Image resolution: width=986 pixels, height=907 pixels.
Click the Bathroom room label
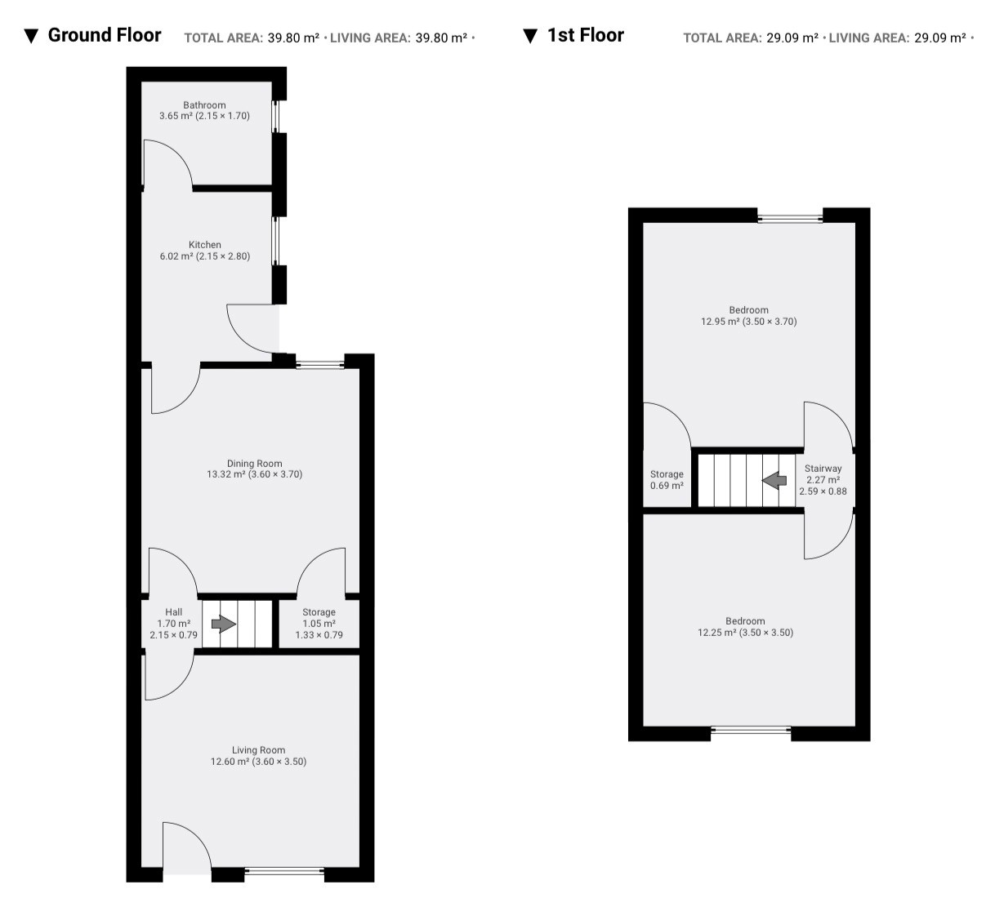pos(204,105)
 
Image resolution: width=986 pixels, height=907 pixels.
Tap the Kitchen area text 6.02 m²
pos(176,256)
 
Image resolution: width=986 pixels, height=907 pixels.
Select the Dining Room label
pos(255,464)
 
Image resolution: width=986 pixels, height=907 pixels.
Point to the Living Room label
pos(258,749)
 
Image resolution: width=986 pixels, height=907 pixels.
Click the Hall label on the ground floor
pos(173,611)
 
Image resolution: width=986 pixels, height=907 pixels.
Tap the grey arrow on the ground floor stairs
pos(224,624)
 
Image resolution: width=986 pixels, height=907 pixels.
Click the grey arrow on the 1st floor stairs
pos(774,480)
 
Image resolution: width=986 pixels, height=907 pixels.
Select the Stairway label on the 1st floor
pos(823,469)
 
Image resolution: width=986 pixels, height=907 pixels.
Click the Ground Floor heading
pos(105,35)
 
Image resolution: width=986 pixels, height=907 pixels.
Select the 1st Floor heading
pos(586,35)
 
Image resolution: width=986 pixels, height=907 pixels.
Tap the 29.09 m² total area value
pos(792,38)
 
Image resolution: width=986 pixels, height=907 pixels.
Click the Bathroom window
pos(276,117)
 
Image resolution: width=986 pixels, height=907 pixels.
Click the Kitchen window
pos(276,242)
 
